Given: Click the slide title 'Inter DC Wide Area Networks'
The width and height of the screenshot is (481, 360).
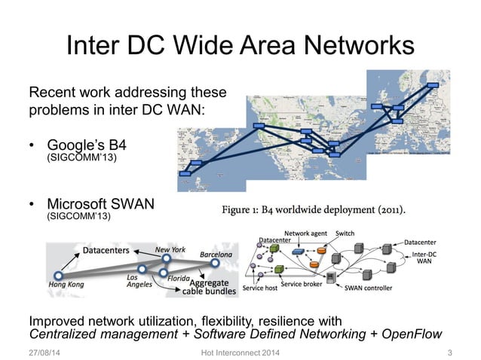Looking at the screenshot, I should [240, 46].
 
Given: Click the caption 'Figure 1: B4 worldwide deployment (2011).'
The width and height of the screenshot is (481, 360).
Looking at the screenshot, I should [314, 209].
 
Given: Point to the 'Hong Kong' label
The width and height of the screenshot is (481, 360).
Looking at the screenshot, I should [66, 285].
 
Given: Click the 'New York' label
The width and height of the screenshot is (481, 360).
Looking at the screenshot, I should [170, 249].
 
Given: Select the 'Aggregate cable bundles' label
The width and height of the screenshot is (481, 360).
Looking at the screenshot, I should [209, 285].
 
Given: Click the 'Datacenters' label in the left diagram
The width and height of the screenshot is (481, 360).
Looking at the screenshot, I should [104, 250].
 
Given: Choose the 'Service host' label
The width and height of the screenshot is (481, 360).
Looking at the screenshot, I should [260, 288].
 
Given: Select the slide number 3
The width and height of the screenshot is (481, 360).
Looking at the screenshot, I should [449, 352].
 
